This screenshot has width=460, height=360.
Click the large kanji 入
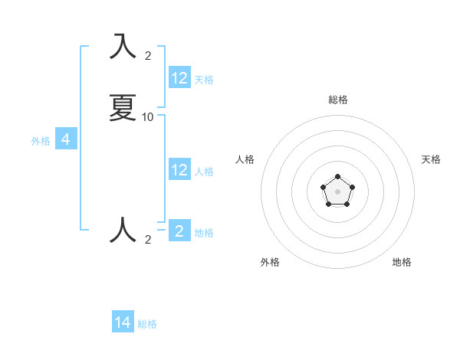click(x=123, y=47)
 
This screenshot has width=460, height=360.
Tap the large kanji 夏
click(x=123, y=108)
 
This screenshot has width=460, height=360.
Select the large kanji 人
click(x=123, y=230)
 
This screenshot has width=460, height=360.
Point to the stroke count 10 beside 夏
click(x=148, y=116)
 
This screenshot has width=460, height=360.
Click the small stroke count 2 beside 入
click(x=148, y=55)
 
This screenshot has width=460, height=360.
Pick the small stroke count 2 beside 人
click(x=148, y=239)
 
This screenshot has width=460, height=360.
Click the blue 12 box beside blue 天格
click(x=179, y=78)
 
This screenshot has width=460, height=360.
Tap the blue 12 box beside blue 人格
click(x=179, y=170)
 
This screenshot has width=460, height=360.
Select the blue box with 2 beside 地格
click(x=179, y=231)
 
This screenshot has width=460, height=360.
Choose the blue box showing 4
click(x=66, y=139)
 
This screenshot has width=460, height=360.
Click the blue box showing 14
click(x=123, y=322)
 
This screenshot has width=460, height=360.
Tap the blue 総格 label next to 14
click(x=147, y=324)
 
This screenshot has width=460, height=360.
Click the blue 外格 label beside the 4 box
click(x=41, y=141)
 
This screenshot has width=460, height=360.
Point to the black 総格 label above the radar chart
click(x=337, y=100)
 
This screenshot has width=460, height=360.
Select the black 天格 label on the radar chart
click(x=432, y=159)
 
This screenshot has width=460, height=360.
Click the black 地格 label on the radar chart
click(x=402, y=262)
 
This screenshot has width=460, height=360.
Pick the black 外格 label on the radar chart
click(x=270, y=262)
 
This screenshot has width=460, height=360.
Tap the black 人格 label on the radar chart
click(x=245, y=159)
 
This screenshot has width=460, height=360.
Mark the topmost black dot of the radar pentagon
click(x=337, y=177)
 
